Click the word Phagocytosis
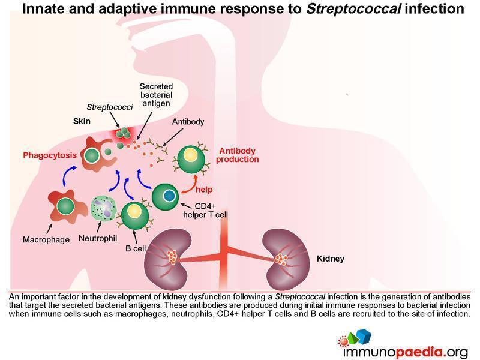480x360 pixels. pos(50,155)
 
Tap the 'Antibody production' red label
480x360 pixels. pos(239,155)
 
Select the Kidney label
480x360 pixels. pos(331,260)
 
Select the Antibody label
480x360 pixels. pos(188,121)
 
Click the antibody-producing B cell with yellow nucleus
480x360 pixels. pos(190,157)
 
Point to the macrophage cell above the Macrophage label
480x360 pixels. pos(64,207)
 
